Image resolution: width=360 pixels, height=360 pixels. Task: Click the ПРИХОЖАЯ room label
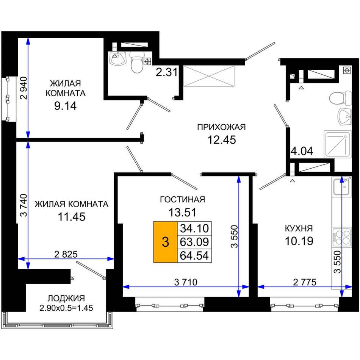pyautogui.click(x=221, y=127)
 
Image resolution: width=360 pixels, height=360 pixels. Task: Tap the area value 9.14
pyautogui.click(x=65, y=106)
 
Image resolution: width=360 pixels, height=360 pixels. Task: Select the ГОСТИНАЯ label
pyautogui.click(x=182, y=199)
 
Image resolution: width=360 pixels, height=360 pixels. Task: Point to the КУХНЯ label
pyautogui.click(x=299, y=229)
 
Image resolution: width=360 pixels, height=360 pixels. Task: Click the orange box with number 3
pyautogui.click(x=165, y=242)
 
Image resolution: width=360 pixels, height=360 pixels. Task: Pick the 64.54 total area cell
pyautogui.click(x=194, y=255)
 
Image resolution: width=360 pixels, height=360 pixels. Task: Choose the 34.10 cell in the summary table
pyautogui.click(x=194, y=229)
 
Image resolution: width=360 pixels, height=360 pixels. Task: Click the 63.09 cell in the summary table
pyautogui.click(x=194, y=242)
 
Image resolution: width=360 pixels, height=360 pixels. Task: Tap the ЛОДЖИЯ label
pyautogui.click(x=66, y=298)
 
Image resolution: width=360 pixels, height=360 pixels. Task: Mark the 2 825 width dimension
pyautogui.click(x=66, y=254)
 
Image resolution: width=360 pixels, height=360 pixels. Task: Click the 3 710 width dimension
pyautogui.click(x=186, y=282)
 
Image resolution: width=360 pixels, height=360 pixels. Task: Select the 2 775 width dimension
pyautogui.click(x=305, y=282)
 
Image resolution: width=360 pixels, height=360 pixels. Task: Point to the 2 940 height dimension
pyautogui.click(x=23, y=88)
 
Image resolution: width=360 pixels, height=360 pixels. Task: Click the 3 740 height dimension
pyautogui.click(x=23, y=205)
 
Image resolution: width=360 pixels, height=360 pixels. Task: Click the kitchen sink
pyautogui.click(x=342, y=187)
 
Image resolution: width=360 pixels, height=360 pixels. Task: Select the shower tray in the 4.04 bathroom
pyautogui.click(x=338, y=144)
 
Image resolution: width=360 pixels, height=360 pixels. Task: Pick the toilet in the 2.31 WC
pyautogui.click(x=137, y=62)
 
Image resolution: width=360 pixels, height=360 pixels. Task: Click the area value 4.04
pyautogui.click(x=302, y=151)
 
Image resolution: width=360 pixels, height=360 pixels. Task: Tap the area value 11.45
pyautogui.click(x=72, y=216)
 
